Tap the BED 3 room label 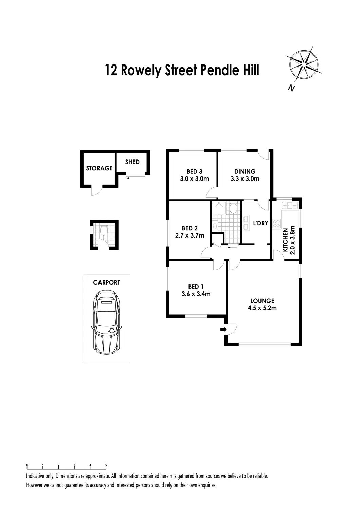point(194,171)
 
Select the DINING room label point(245,171)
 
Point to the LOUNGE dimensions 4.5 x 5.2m point(262,308)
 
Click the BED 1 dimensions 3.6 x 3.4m point(196,294)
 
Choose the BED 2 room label point(190,228)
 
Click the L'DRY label point(261,223)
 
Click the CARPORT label point(107,282)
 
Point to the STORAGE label point(99,168)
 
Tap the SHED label point(132,162)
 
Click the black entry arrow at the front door point(223,329)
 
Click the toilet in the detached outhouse point(105,232)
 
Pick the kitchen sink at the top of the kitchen point(289,205)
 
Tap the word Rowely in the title point(142,71)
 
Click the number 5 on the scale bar point(106,465)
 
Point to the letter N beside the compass point(291,88)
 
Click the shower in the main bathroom point(218,208)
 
